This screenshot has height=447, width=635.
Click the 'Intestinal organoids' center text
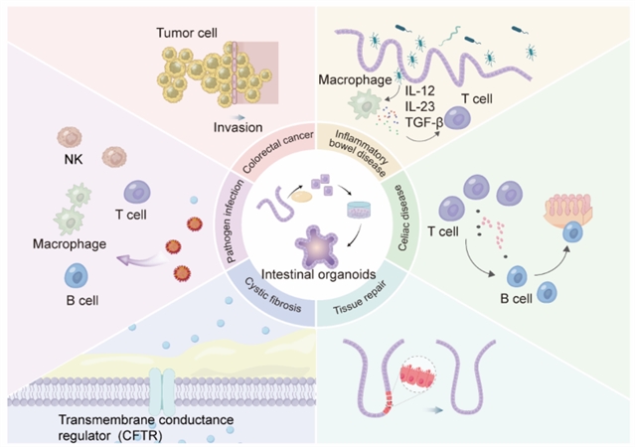pyautogui.click(x=315, y=275)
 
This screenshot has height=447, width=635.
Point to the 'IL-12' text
pyautogui.click(x=429, y=93)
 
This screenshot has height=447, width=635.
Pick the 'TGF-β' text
pyautogui.click(x=430, y=126)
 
